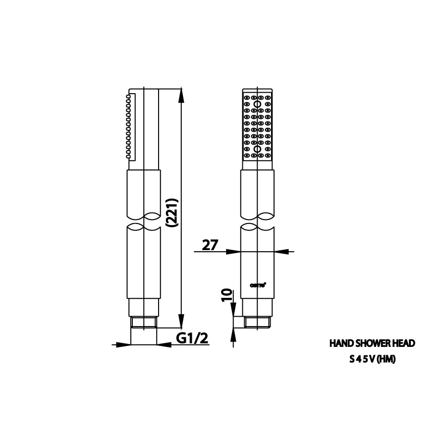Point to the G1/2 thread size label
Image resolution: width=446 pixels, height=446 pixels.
[192, 339]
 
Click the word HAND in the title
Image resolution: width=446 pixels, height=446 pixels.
[340, 343]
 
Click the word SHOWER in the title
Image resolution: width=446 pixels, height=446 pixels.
[372, 343]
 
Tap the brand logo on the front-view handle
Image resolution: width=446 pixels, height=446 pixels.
[257, 284]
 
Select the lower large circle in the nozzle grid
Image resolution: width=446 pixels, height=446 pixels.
[258, 149]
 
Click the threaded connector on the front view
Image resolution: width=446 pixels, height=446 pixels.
[257, 323]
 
